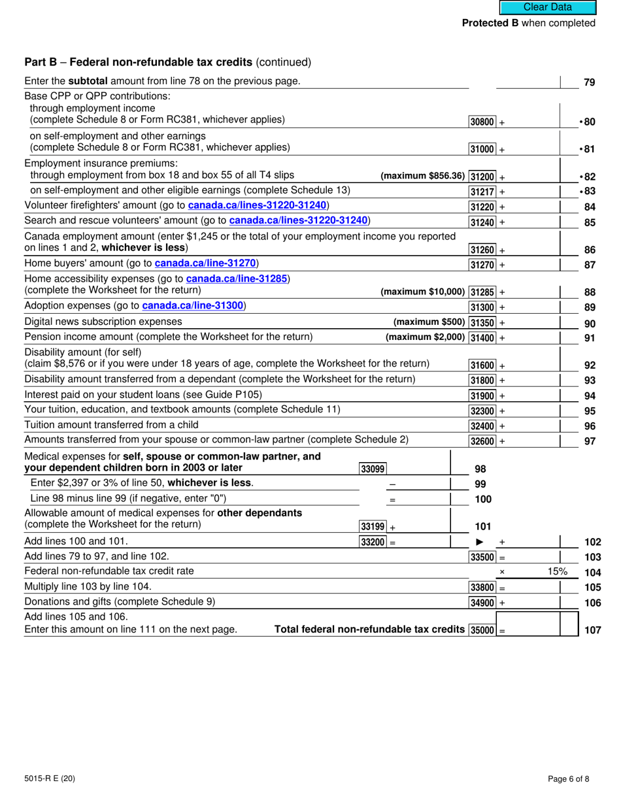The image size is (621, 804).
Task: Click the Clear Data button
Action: [x=548, y=7]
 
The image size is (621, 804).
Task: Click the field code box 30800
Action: [x=482, y=122]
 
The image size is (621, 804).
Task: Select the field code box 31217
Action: [x=482, y=192]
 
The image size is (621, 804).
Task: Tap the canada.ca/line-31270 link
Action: [x=206, y=263]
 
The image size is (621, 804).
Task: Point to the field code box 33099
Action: [x=373, y=468]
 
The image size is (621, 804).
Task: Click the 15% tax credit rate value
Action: [x=557, y=571]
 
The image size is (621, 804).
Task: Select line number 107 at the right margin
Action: [x=592, y=631]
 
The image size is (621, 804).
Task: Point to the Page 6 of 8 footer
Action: [x=571, y=779]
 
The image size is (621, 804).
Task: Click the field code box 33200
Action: [x=373, y=542]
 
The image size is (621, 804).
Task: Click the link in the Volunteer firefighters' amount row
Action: [x=257, y=205]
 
